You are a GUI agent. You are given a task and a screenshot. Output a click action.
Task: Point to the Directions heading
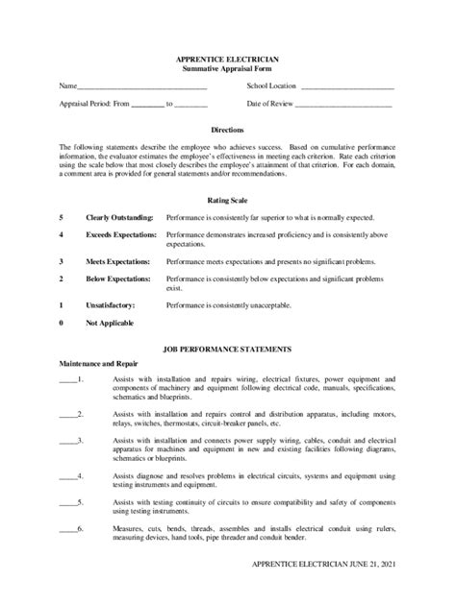tap(227, 130)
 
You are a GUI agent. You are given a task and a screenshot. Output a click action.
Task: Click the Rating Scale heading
tap(227, 201)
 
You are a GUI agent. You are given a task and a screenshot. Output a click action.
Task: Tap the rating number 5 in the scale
tap(61, 218)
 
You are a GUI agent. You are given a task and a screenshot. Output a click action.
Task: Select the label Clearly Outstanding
tap(118, 218)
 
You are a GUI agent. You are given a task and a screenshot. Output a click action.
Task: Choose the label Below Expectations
tap(117, 278)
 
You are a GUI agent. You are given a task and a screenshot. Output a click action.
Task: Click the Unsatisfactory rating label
tap(111, 304)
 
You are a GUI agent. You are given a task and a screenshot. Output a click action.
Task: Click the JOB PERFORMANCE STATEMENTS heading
tap(228, 351)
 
